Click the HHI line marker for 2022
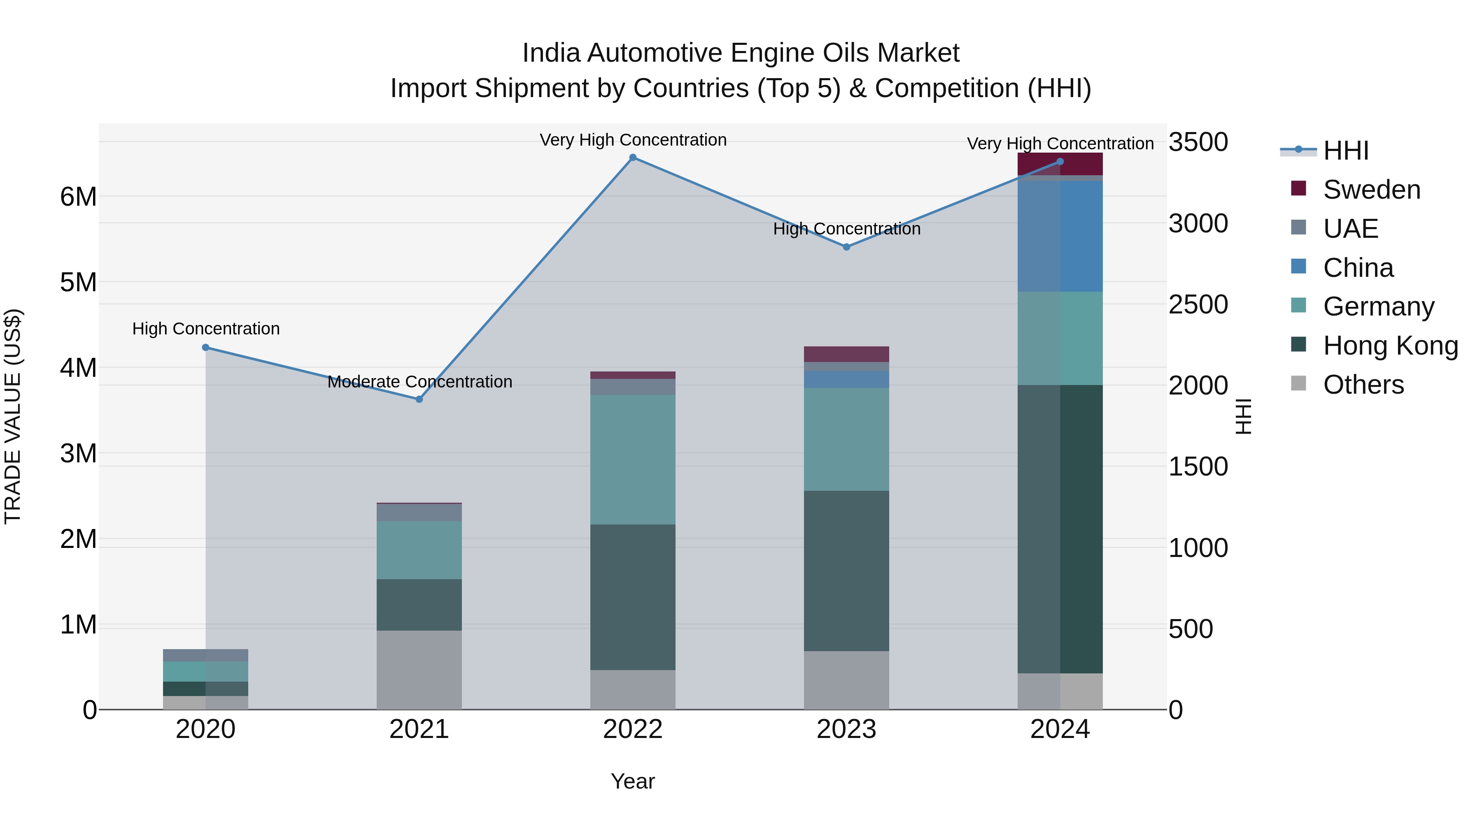(x=633, y=158)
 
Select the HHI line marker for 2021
(x=419, y=399)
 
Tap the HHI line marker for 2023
(x=846, y=247)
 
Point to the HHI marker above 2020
(x=206, y=347)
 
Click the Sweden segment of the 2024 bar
(x=1060, y=164)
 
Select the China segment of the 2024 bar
(x=1060, y=236)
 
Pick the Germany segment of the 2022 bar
(x=633, y=459)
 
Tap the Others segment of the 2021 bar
(x=419, y=670)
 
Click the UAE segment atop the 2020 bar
(x=205, y=655)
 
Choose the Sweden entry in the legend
(x=1372, y=190)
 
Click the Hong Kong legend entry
(x=1390, y=346)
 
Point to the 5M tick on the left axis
(x=79, y=282)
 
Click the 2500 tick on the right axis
(x=1198, y=305)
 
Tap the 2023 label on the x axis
(x=846, y=729)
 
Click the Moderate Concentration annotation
(x=419, y=382)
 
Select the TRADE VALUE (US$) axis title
(x=13, y=416)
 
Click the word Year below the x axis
(x=633, y=781)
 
